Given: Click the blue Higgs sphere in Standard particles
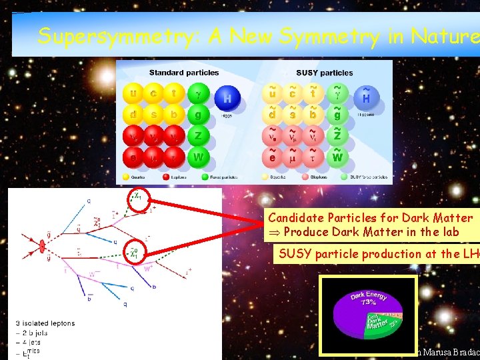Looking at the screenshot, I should pyautogui.click(x=228, y=99).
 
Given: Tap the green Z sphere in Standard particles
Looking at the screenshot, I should pyautogui.click(x=197, y=137).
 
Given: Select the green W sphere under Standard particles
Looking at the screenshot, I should pyautogui.click(x=197, y=158).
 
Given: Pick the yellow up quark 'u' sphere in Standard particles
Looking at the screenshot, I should pyautogui.click(x=134, y=93).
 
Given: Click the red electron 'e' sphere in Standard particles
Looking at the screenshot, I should pyautogui.click(x=134, y=158).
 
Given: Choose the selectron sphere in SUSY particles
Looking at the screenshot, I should pyautogui.click(x=272, y=158).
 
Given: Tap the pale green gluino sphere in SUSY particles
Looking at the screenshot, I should pyautogui.click(x=337, y=115).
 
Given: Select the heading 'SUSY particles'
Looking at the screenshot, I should pyautogui.click(x=325, y=73).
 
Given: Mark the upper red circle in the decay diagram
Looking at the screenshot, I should pyautogui.click(x=137, y=198).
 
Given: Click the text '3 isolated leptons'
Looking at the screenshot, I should pyautogui.click(x=45, y=323).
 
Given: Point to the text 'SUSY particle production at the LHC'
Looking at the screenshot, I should pyautogui.click(x=377, y=253).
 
